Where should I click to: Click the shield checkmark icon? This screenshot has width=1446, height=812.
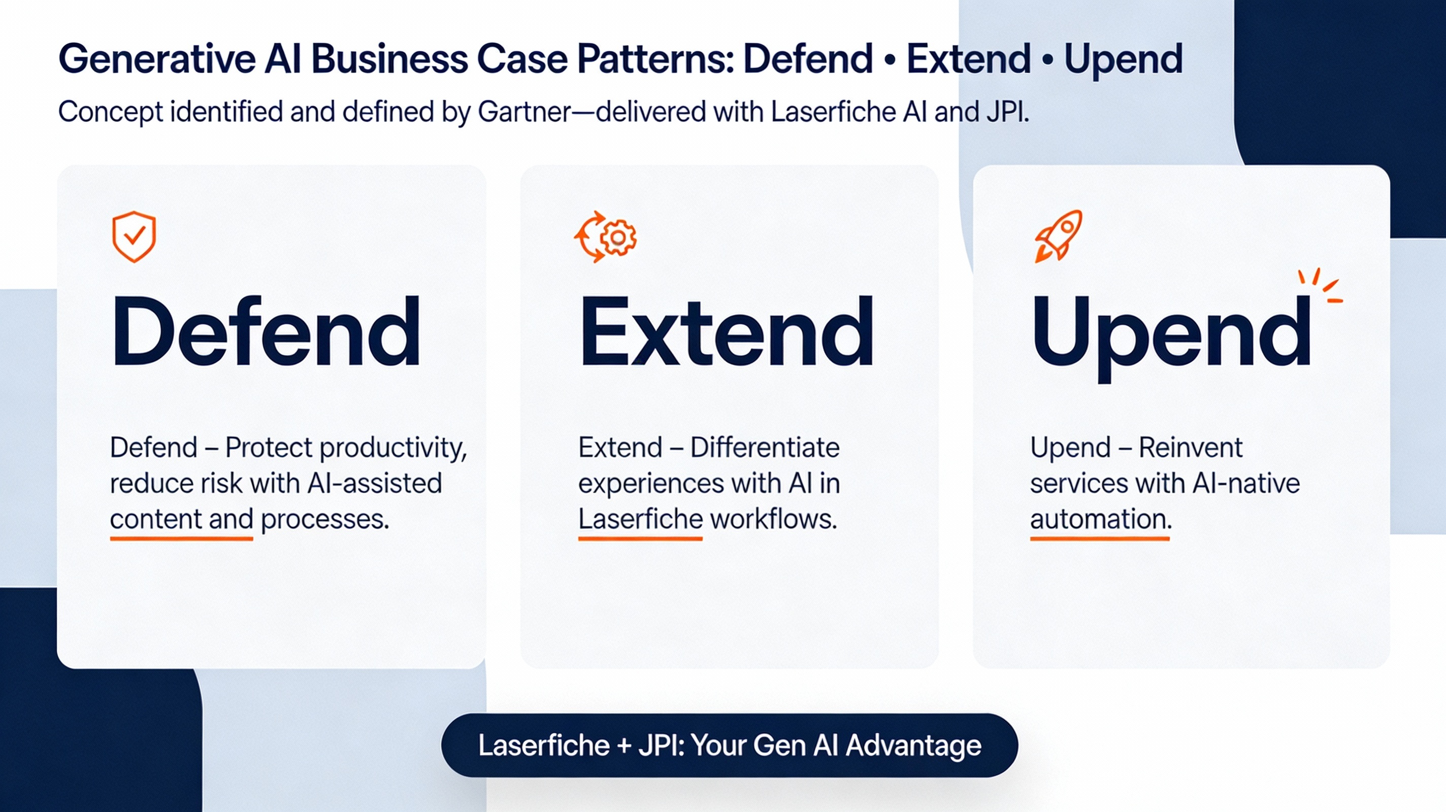(134, 237)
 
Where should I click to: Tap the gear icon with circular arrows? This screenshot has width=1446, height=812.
(605, 237)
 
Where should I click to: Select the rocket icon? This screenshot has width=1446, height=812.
(1059, 235)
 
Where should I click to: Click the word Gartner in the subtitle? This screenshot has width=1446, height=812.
(524, 112)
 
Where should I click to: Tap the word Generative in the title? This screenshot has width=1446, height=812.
(157, 59)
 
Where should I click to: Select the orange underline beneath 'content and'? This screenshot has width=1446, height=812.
(181, 538)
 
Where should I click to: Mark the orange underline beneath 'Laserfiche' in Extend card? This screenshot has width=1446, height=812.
(640, 538)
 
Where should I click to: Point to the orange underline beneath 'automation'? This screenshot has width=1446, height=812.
(1100, 538)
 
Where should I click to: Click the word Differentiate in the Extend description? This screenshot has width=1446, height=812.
(765, 447)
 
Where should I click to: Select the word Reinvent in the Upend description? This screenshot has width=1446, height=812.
(1191, 447)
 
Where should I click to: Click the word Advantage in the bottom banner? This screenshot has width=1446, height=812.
(913, 747)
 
